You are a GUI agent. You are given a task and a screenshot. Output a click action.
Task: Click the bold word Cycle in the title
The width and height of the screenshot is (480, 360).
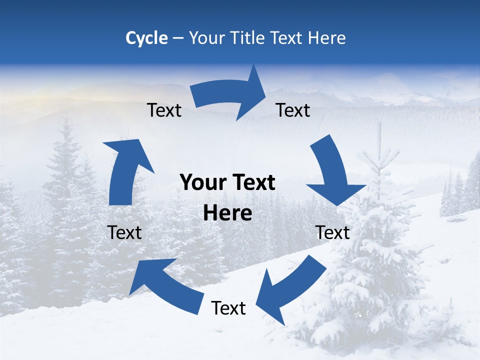pyautogui.click(x=146, y=37)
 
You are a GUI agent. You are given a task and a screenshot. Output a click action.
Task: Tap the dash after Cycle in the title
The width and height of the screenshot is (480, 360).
pyautogui.click(x=178, y=38)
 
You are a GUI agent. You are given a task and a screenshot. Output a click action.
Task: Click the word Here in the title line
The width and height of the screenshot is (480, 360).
pyautogui.click(x=327, y=37)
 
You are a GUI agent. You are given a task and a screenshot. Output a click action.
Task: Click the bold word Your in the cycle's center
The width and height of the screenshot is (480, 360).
pyautogui.click(x=202, y=183)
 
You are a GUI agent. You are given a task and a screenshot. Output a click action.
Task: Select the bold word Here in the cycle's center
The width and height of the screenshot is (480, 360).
pyautogui.click(x=227, y=213)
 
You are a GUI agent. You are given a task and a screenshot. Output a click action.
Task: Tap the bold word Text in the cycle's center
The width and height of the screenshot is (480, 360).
pyautogui.click(x=252, y=183)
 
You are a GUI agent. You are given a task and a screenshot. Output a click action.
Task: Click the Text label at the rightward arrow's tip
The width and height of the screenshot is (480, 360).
pyautogui.click(x=293, y=110)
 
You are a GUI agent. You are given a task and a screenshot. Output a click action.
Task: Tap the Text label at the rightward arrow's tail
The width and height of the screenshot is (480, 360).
pyautogui.click(x=164, y=110)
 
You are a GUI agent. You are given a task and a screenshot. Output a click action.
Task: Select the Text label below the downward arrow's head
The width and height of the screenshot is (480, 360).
pyautogui.click(x=332, y=232)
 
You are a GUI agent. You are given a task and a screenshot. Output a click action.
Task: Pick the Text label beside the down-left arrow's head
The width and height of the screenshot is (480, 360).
pyautogui.click(x=228, y=308)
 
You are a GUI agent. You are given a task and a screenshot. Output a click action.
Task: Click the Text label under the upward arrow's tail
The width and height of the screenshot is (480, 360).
pyautogui.click(x=124, y=232)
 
